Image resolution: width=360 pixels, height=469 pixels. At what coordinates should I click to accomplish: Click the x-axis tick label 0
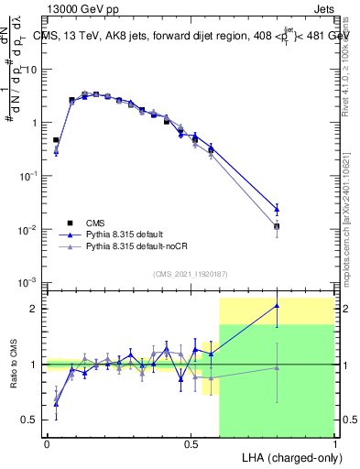(47, 443)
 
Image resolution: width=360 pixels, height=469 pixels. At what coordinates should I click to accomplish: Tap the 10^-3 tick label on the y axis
(28, 282)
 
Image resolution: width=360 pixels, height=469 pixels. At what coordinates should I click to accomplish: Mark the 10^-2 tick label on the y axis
(28, 229)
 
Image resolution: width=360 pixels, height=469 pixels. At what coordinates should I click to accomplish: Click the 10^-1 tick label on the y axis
(28, 175)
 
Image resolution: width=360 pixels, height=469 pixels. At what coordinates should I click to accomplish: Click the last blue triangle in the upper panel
(277, 209)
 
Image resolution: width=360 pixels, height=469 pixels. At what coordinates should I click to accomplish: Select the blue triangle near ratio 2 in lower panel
(277, 306)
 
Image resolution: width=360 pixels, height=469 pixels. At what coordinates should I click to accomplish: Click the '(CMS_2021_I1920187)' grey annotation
(190, 272)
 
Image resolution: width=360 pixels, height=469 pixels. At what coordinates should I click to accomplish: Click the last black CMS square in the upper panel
(277, 226)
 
